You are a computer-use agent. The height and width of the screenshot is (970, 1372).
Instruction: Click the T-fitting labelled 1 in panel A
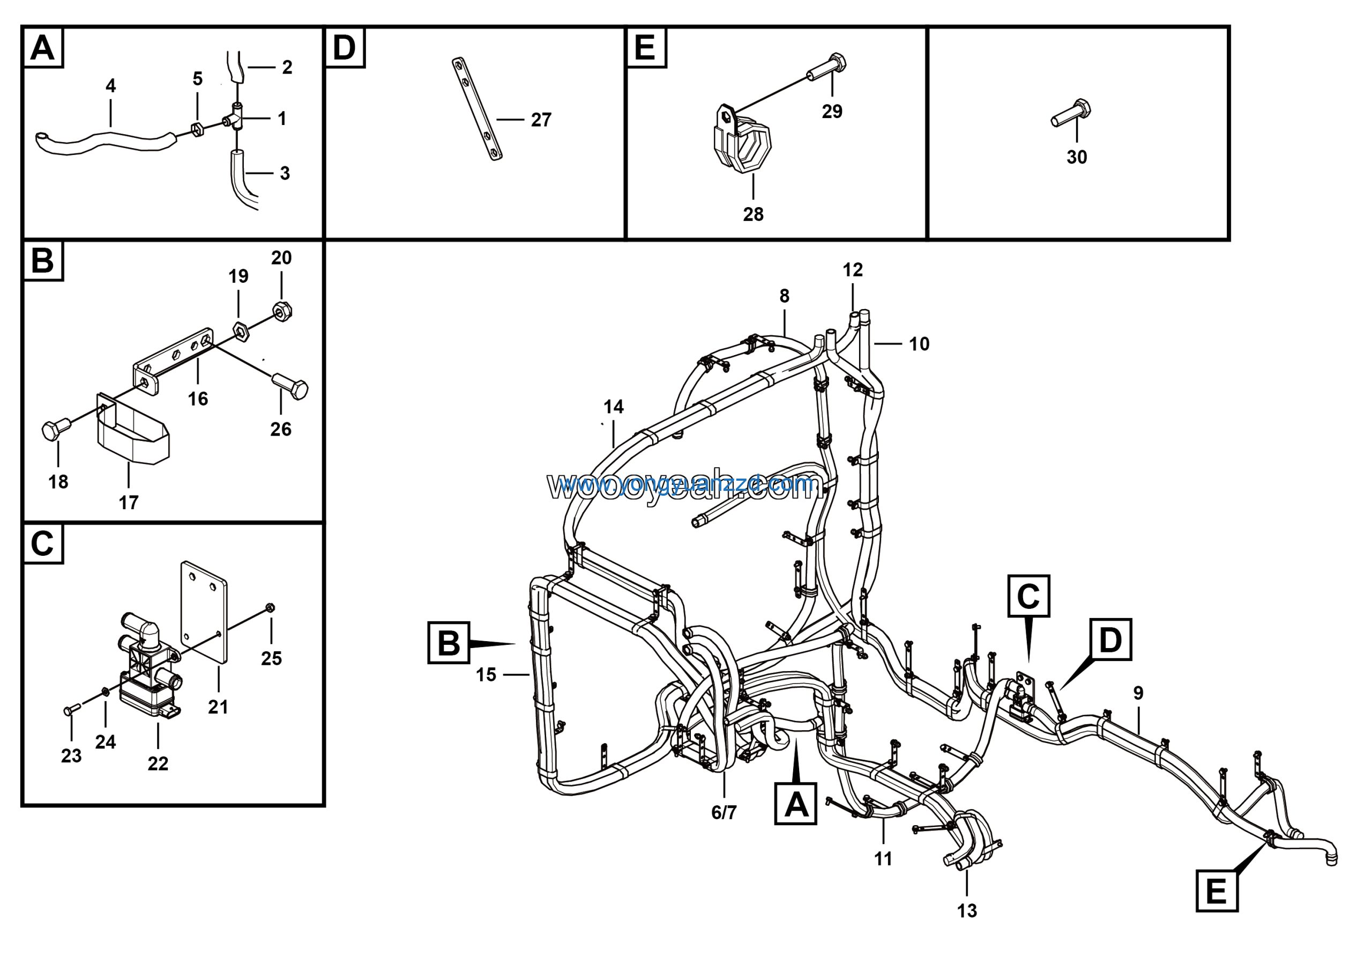pyautogui.click(x=237, y=117)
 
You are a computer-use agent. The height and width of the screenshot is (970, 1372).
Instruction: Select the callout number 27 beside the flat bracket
pyautogui.click(x=541, y=120)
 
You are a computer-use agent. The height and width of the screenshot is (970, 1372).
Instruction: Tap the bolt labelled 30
pyautogui.click(x=1071, y=113)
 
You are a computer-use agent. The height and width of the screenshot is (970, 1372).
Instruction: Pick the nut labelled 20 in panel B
pyautogui.click(x=282, y=311)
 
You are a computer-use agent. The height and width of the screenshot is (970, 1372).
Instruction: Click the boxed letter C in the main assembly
pyautogui.click(x=1028, y=596)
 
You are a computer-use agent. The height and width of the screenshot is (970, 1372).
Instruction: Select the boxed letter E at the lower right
pyautogui.click(x=1217, y=891)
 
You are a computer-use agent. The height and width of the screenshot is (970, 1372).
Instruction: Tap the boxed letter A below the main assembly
pyautogui.click(x=795, y=804)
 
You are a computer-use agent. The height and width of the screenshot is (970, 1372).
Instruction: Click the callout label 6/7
pyautogui.click(x=724, y=812)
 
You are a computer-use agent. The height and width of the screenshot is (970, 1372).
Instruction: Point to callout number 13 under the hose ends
pyautogui.click(x=967, y=910)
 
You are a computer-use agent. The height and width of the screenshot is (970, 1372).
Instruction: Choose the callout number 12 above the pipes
pyautogui.click(x=853, y=270)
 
